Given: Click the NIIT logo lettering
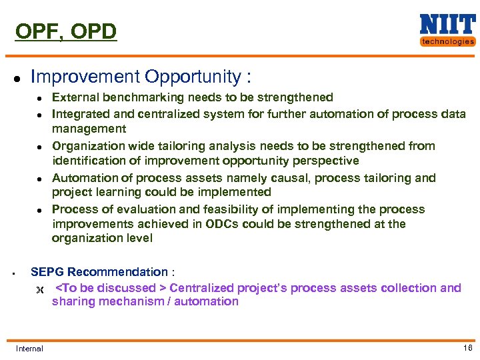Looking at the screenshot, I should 447,24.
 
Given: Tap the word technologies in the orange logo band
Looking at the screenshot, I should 447,41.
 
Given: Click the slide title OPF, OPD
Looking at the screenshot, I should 65,31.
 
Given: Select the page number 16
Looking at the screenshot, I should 467,348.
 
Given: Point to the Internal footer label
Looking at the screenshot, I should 29,349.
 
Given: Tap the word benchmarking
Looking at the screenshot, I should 143,97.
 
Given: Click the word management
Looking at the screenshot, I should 89,128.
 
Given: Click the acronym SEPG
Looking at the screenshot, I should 47,272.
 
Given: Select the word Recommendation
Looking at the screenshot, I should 117,272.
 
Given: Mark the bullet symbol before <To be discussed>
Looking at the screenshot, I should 38,289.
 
